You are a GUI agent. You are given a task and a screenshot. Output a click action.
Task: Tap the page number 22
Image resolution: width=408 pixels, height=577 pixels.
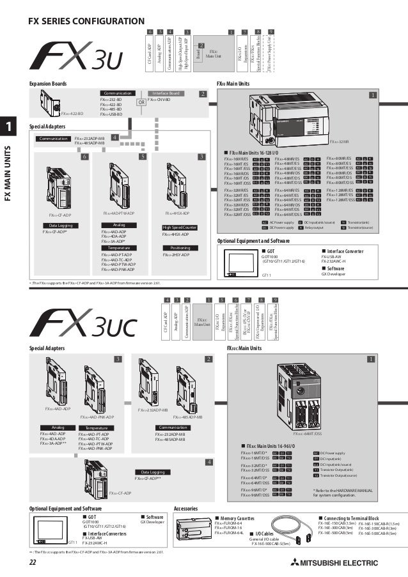click(x=33, y=562)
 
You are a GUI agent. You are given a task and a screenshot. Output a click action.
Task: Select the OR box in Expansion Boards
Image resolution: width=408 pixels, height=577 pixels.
click(x=141, y=102)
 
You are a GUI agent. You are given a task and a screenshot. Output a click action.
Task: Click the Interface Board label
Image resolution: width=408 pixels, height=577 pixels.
click(x=166, y=93)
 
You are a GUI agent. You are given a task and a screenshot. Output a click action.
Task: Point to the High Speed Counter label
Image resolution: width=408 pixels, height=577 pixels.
click(x=180, y=245)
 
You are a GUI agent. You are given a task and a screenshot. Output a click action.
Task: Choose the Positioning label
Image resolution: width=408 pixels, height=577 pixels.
click(x=180, y=266)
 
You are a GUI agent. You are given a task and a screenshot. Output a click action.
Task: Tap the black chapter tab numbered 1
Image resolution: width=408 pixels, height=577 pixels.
click(x=10, y=127)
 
